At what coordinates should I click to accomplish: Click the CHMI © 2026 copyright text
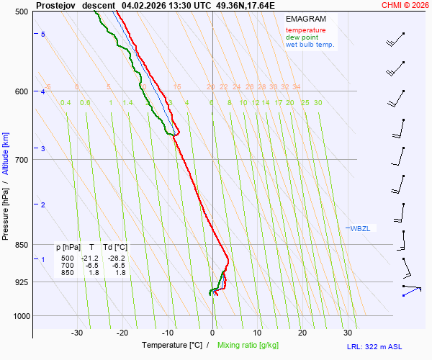405,4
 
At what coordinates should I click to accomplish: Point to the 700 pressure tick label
21,159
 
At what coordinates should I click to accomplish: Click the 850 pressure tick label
21,245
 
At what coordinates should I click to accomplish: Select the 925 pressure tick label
21,282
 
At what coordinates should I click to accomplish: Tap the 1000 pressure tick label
19,315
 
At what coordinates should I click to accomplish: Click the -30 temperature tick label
77,333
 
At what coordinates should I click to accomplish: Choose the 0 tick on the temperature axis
212,333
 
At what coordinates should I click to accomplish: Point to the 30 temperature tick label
348,333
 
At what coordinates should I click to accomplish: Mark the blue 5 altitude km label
43,35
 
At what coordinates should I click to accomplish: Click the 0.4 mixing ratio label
66,103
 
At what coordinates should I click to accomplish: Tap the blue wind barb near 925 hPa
411,289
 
